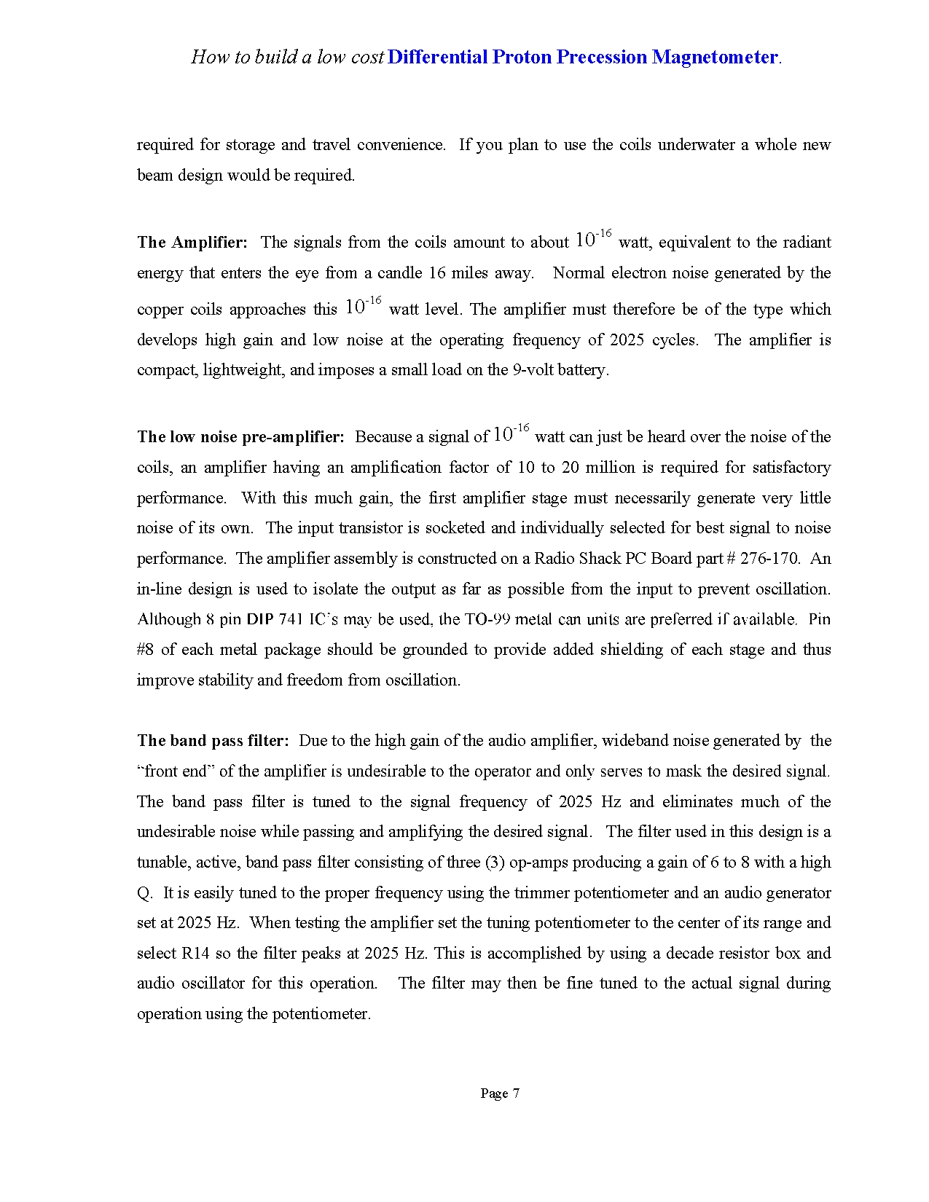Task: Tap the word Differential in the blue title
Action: point(437,58)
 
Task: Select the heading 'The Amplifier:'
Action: point(192,243)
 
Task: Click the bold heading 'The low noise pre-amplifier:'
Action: point(240,437)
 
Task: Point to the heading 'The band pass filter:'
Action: point(213,741)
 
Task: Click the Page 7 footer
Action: point(500,1093)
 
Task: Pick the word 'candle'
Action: point(400,273)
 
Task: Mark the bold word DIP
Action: point(259,620)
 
